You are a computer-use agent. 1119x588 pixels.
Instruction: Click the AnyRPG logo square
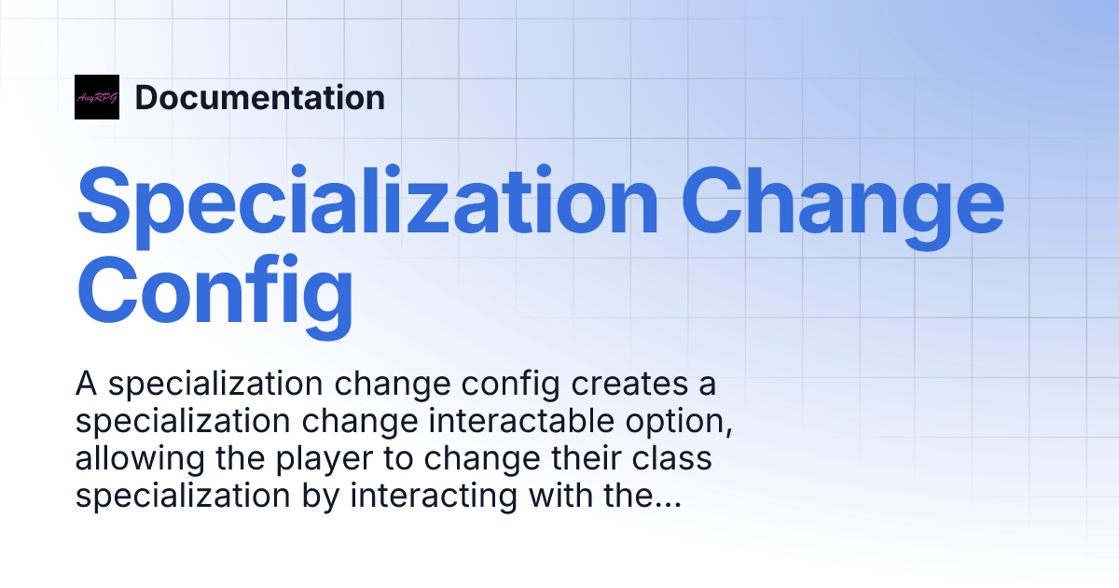[97, 97]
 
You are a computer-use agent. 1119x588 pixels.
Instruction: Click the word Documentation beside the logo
[259, 98]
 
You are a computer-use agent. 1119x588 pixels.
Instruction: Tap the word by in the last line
[324, 497]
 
